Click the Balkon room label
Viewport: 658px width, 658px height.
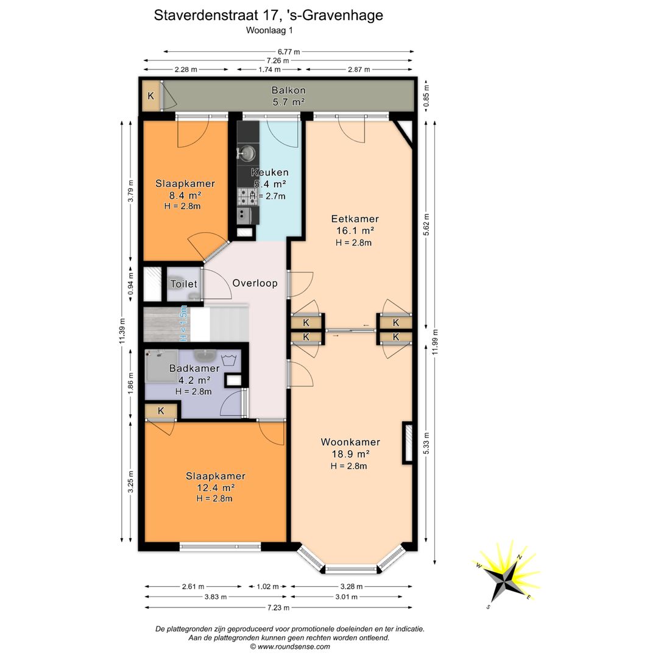click(288, 90)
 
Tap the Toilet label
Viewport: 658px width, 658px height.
click(184, 284)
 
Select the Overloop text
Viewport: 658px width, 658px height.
click(255, 283)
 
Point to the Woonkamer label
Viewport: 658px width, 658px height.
click(350, 442)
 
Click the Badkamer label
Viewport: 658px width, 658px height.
click(194, 368)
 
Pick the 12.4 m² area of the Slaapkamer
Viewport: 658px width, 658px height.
click(215, 487)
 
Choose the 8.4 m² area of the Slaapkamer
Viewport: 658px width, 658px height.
click(185, 195)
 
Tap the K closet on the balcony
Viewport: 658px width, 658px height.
click(150, 96)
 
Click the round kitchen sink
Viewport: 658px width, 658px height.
click(247, 153)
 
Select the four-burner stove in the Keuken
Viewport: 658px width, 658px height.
click(247, 196)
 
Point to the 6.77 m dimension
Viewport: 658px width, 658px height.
click(289, 52)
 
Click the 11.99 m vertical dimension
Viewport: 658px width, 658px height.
click(435, 342)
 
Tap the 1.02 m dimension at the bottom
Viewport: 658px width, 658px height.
click(267, 586)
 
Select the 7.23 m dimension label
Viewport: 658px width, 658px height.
click(278, 607)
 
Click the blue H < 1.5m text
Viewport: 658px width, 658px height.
click(183, 323)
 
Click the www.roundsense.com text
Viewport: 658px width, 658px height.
click(294, 646)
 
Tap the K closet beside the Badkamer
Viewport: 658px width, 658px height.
click(161, 411)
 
